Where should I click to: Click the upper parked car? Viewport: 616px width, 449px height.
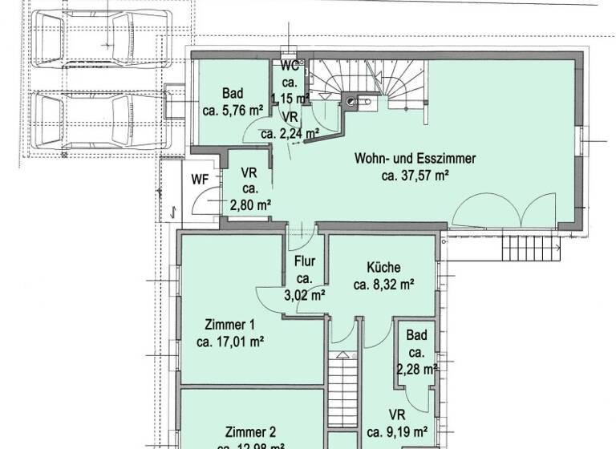(x=101, y=38)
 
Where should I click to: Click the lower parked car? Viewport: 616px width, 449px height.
(x=99, y=121)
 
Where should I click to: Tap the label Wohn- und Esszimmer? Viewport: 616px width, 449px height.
(x=415, y=159)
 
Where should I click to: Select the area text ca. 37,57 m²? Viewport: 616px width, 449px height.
(x=415, y=176)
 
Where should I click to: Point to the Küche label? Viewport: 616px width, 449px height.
(x=383, y=268)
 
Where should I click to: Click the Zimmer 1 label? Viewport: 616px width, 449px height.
(x=229, y=325)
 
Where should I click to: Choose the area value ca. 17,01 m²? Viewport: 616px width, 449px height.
(x=230, y=341)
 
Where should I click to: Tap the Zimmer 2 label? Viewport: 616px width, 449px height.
(x=250, y=429)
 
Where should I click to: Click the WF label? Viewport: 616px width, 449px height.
(x=199, y=180)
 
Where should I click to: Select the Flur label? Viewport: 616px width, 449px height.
(x=304, y=261)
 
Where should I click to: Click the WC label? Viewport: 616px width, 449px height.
(x=289, y=67)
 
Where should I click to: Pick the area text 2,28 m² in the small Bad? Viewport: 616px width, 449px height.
(x=416, y=369)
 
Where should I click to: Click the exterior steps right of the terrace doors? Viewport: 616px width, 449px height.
(x=529, y=249)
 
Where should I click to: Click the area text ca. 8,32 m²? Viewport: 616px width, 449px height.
(x=383, y=284)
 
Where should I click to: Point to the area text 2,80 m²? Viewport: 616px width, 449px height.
(x=249, y=205)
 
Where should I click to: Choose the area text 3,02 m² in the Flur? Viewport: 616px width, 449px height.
(x=304, y=294)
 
